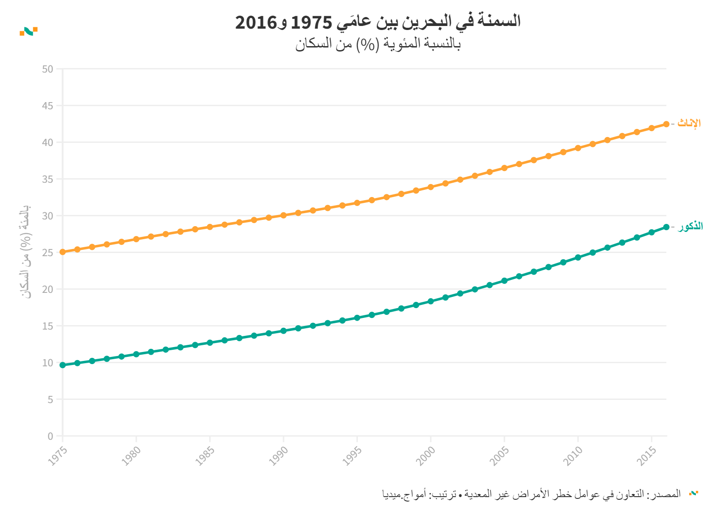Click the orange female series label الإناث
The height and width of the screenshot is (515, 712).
click(x=689, y=123)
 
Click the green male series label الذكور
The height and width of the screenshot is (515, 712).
click(x=690, y=226)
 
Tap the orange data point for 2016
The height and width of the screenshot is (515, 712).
click(x=666, y=124)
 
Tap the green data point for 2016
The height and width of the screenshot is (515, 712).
click(x=666, y=227)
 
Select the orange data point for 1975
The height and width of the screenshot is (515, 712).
click(x=63, y=252)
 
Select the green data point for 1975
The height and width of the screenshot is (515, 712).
click(x=63, y=365)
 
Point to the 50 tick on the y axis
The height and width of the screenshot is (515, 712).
click(x=47, y=69)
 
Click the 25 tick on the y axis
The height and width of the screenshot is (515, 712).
click(x=47, y=253)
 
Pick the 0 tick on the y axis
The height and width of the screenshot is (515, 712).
click(x=51, y=436)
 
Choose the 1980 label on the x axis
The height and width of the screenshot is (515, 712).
click(x=131, y=456)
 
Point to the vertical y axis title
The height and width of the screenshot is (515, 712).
click(x=26, y=252)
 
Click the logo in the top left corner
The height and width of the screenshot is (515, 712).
click(x=29, y=31)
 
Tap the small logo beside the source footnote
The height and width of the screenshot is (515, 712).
click(x=694, y=493)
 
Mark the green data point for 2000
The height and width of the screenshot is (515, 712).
click(x=431, y=301)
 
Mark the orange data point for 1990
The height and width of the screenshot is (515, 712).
click(x=284, y=215)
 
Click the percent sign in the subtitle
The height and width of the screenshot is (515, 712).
click(x=367, y=44)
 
